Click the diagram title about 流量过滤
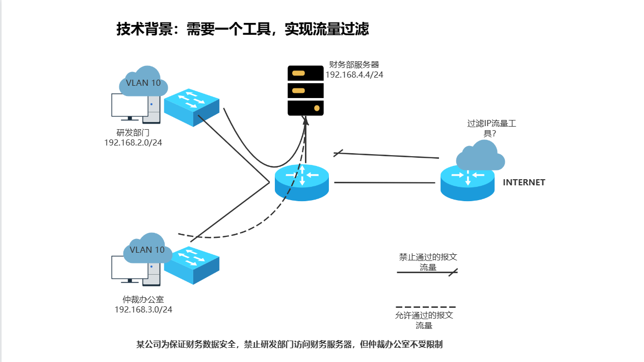tap(242, 29)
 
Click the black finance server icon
tap(305, 90)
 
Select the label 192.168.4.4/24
tap(354, 75)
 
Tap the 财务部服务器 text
tap(354, 64)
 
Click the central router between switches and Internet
tap(302, 182)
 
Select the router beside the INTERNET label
tap(468, 183)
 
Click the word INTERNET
tap(524, 182)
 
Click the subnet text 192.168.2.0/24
tap(133, 142)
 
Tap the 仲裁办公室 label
tap(143, 300)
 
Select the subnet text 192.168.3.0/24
tap(143, 309)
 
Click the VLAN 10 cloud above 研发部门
tap(143, 82)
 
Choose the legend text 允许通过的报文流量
tap(424, 320)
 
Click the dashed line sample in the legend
tap(426, 307)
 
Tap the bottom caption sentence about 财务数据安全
tap(289, 344)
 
